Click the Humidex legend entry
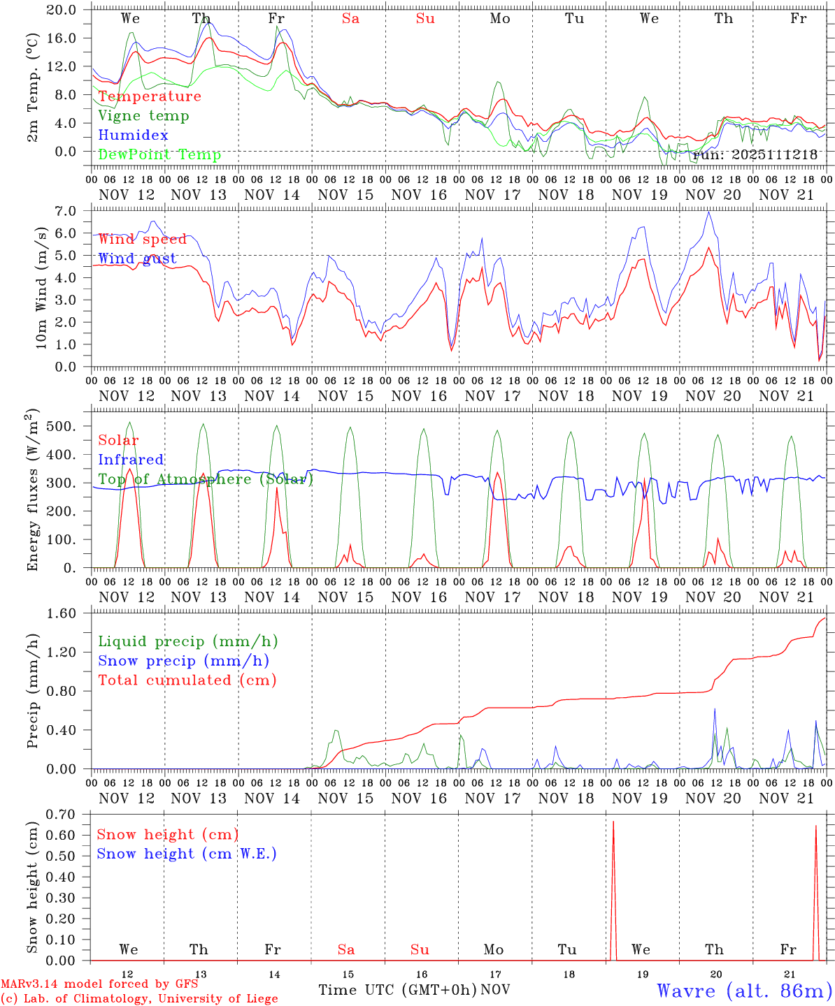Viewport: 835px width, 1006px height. pyautogui.click(x=133, y=136)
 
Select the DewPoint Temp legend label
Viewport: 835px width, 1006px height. pyautogui.click(x=159, y=155)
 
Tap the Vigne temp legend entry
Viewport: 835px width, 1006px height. pyautogui.click(x=143, y=116)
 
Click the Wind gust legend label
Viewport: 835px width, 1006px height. pyautogui.click(x=137, y=258)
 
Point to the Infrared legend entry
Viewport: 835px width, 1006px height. pyautogui.click(x=131, y=460)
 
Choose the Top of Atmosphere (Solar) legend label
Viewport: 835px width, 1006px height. pyautogui.click(x=206, y=479)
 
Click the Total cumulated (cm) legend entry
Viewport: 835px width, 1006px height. pyautogui.click(x=187, y=680)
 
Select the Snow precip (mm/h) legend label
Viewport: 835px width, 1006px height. pyautogui.click(x=183, y=661)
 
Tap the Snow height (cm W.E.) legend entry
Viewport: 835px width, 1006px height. pyautogui.click(x=187, y=854)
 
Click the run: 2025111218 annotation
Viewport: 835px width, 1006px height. pyautogui.click(x=755, y=155)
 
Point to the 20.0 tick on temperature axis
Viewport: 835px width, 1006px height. pyautogui.click(x=62, y=10)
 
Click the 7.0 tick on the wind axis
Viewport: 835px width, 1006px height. pyautogui.click(x=67, y=211)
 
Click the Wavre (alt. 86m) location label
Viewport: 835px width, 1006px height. pyautogui.click(x=744, y=991)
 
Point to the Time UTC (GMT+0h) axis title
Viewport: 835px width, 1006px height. pyautogui.click(x=398, y=990)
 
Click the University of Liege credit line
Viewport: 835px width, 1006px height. pyautogui.click(x=139, y=999)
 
